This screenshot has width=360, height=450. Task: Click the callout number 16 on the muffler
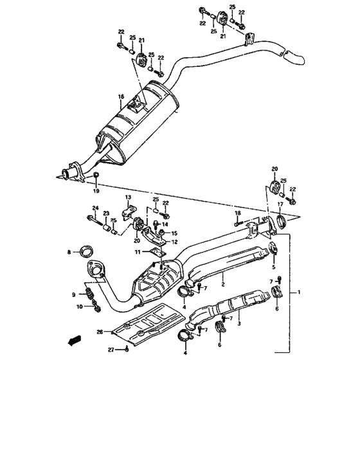pos(120,97)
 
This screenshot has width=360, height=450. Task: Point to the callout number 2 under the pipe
pos(222,282)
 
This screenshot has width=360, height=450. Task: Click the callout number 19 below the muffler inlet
pos(96,192)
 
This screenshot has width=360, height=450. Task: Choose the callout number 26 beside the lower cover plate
pos(100,332)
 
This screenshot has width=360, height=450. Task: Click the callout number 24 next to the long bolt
pos(94,208)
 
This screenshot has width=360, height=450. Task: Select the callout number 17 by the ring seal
pos(280,204)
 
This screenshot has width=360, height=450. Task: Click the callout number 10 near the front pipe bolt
pos(80,307)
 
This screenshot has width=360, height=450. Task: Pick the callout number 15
pos(174,233)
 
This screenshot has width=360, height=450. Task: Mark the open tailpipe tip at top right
pos(297,59)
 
